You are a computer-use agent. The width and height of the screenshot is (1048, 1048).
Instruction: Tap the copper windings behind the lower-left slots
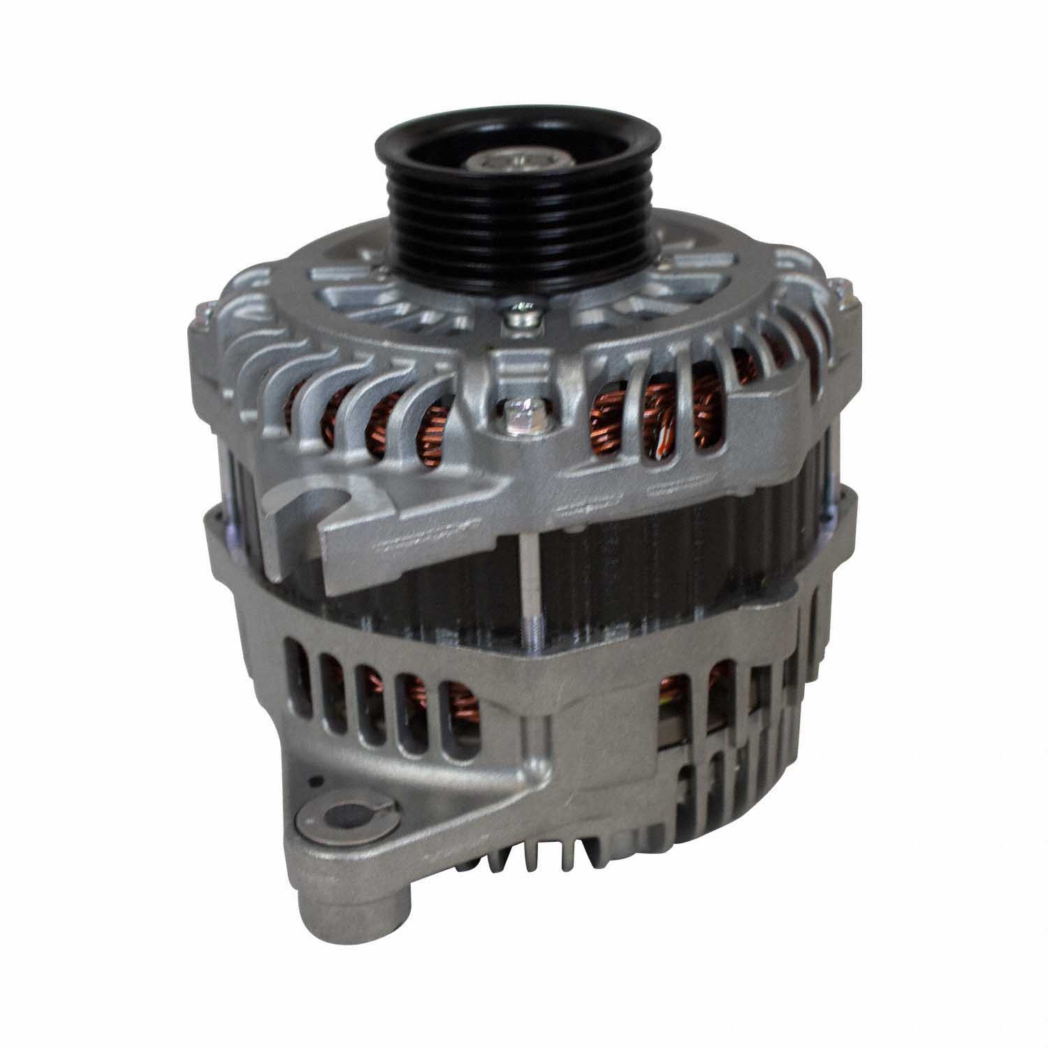coord(412,709)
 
